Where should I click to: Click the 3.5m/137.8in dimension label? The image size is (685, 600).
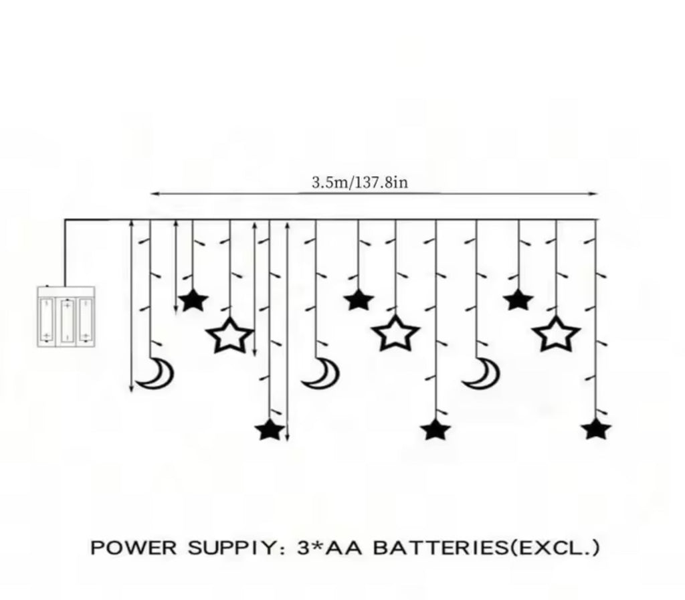359,182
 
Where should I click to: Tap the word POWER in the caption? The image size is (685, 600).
126,548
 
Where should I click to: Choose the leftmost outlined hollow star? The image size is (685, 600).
229,336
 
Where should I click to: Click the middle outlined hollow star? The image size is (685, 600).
395,333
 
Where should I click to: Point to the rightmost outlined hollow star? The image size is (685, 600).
556,333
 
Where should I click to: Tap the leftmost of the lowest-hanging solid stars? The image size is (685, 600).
270,430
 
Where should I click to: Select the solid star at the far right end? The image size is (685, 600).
596,428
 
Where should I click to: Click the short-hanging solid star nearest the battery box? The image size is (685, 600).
193,300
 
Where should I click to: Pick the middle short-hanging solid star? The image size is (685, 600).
359,300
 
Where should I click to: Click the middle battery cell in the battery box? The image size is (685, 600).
66,319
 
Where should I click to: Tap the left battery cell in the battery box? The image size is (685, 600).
47,319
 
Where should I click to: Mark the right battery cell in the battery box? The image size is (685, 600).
85,319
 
